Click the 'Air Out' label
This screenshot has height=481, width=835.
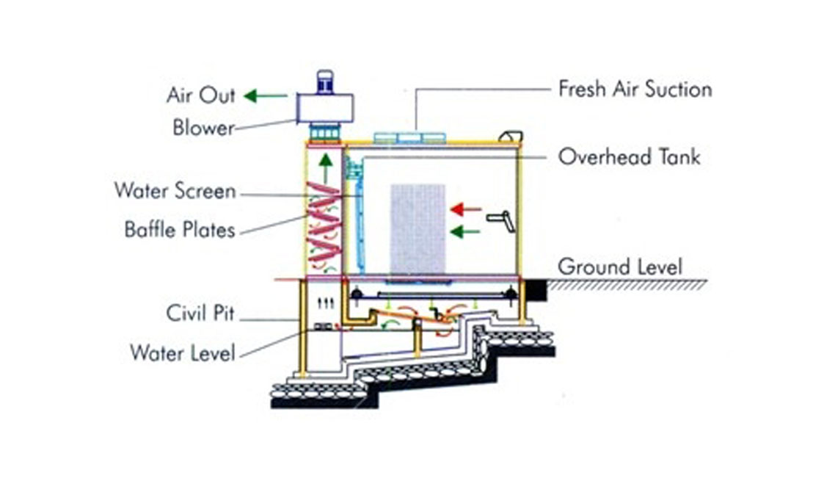201,95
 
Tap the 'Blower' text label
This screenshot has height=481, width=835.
203,128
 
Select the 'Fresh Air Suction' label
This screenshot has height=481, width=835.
635,89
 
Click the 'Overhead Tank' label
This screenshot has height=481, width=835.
629,156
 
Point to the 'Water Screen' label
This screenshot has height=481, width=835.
175,191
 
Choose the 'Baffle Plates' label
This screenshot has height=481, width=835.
180,230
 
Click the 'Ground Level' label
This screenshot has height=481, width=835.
620,267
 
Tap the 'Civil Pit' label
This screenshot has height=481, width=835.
200,313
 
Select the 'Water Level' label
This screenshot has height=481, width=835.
183,352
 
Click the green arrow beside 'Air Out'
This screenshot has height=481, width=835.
265,96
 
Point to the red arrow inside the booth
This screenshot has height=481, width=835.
466,209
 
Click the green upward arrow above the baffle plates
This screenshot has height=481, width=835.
326,168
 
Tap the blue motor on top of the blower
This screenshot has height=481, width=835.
325,82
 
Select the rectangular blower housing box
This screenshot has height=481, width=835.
325,108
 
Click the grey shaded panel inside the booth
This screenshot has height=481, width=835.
417,229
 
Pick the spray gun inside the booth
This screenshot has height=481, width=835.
501,220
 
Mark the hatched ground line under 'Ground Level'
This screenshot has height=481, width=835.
627,285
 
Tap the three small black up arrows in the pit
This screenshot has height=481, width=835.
325,303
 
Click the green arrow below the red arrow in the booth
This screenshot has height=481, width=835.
465,231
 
